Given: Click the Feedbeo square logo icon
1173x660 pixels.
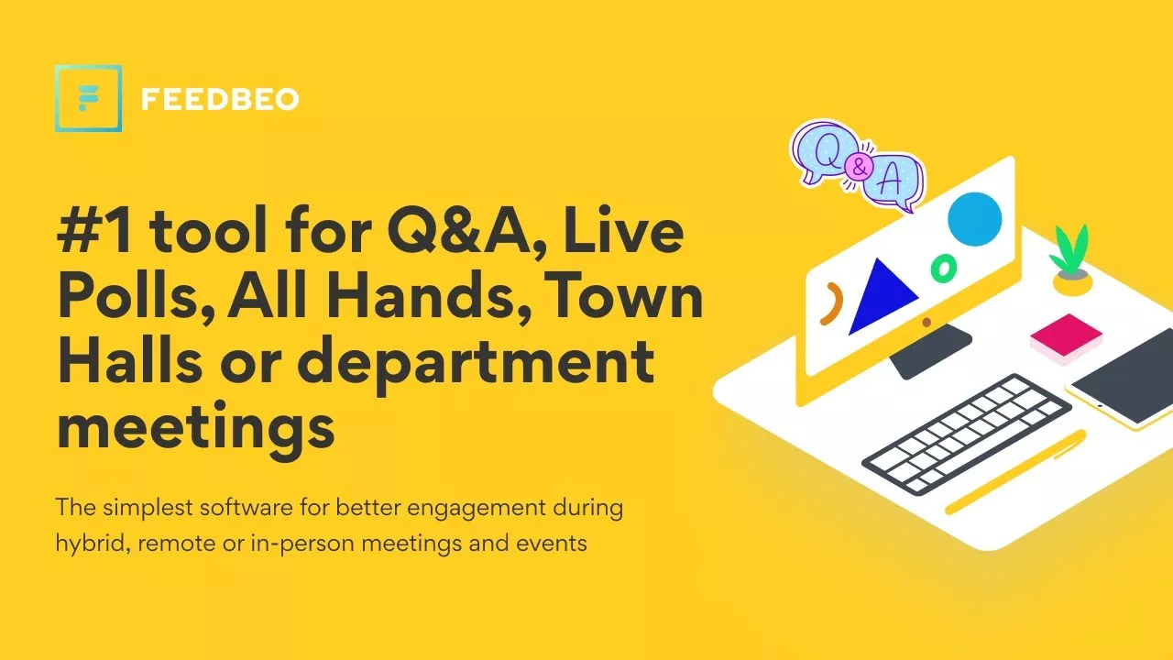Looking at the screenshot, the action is [x=89, y=98].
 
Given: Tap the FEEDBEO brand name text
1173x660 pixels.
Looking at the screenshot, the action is [x=220, y=99].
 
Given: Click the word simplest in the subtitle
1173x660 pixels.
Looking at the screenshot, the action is [x=148, y=508].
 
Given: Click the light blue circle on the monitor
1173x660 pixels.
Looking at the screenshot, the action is [x=974, y=219].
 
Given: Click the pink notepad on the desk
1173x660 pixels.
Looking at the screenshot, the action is [x=1066, y=339].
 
